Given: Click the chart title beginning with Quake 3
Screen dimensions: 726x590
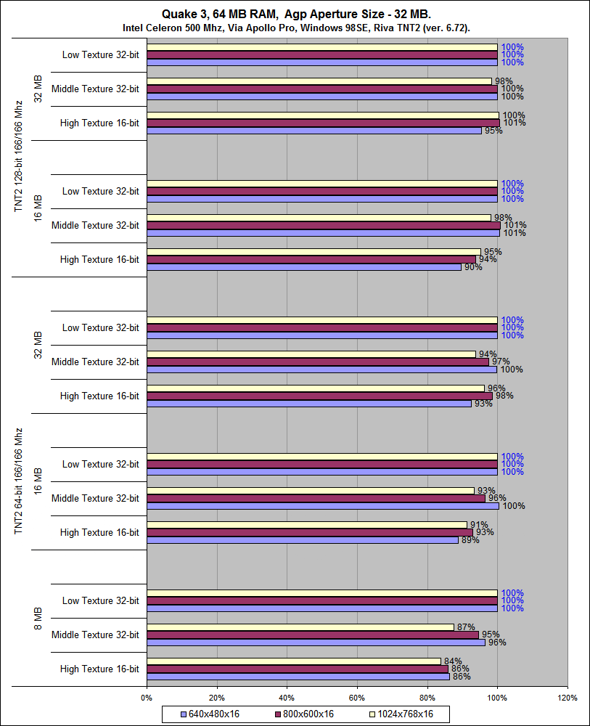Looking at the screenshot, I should tap(295, 14).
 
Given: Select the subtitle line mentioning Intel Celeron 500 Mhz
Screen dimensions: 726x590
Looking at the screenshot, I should tap(295, 28).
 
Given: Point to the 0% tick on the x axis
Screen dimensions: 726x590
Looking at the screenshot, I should tap(147, 698).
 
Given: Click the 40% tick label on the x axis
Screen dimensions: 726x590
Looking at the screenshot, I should tap(287, 698).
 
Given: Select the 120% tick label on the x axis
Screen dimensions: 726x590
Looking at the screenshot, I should tap(568, 698).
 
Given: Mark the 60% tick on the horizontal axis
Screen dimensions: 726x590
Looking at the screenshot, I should tap(357, 698).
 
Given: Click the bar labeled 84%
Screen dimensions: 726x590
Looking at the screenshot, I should tap(293, 661).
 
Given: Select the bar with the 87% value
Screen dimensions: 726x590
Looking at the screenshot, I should tap(300, 627).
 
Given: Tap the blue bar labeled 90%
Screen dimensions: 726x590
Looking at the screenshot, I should tap(303, 267).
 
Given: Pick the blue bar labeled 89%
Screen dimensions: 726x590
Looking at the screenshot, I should tap(302, 540).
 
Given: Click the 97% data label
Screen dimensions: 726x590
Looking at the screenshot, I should tap(501, 362).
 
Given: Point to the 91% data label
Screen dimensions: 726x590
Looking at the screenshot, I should tap(478, 525).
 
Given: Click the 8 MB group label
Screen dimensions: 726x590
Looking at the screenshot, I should tap(38, 618).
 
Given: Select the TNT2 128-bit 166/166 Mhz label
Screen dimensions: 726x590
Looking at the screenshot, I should tap(18, 156).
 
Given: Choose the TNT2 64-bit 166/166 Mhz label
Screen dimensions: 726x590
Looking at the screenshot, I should tap(18, 481).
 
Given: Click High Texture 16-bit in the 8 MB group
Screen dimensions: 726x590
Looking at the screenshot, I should tap(99, 669).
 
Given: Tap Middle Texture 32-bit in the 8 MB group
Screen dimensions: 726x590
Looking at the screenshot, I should tap(95, 635).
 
